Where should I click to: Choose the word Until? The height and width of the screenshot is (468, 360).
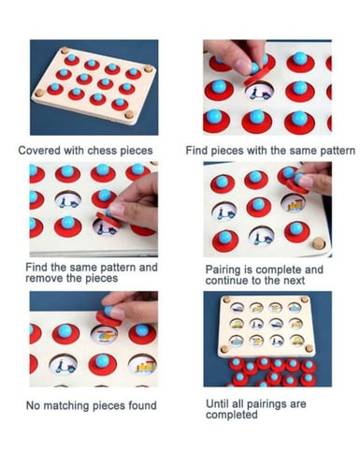[218, 403]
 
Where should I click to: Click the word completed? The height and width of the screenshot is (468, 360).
[232, 415]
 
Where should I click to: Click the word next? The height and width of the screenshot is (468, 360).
[294, 281]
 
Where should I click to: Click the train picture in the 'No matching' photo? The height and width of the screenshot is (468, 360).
[145, 366]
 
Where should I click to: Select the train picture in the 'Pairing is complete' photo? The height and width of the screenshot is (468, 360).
[295, 205]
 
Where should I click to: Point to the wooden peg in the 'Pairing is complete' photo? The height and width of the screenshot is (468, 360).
[318, 242]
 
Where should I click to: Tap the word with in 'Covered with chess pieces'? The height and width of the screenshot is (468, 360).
[74, 151]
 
